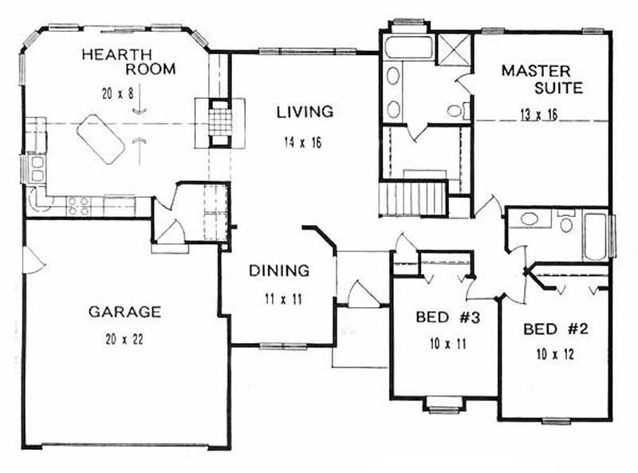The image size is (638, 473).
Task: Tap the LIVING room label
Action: tap(304, 112)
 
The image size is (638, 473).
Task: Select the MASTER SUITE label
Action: tap(542, 79)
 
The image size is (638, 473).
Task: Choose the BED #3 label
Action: tap(446, 317)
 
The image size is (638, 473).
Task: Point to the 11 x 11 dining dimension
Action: tap(278, 300)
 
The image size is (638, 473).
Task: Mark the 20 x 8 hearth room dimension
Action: tap(115, 93)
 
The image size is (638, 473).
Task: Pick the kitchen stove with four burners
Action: tap(77, 206)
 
